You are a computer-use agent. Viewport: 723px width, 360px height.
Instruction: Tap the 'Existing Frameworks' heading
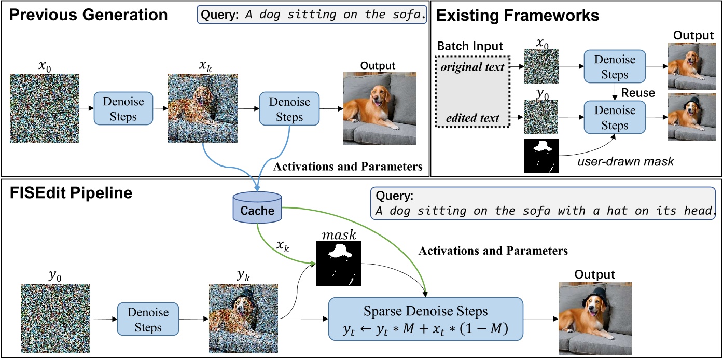[x=518, y=16]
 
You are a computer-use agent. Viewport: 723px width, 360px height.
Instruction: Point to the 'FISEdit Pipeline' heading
[x=71, y=193]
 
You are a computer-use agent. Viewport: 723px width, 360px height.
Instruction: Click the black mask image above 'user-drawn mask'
[x=541, y=156]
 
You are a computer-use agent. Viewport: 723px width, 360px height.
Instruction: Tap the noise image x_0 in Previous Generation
[x=44, y=108]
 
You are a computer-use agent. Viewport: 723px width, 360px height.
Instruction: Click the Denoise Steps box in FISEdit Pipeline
[x=148, y=320]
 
